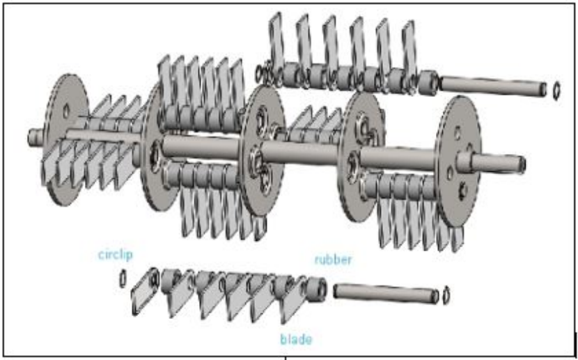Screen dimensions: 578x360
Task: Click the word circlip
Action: [116, 255]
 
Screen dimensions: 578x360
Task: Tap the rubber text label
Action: [333, 260]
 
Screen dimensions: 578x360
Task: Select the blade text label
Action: [296, 339]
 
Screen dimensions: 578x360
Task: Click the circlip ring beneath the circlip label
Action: [123, 279]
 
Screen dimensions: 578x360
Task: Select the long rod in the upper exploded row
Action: [493, 86]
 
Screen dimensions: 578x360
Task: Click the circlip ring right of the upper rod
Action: [556, 91]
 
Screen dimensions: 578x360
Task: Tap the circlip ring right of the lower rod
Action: [446, 295]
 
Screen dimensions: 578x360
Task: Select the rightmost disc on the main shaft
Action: [458, 161]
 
